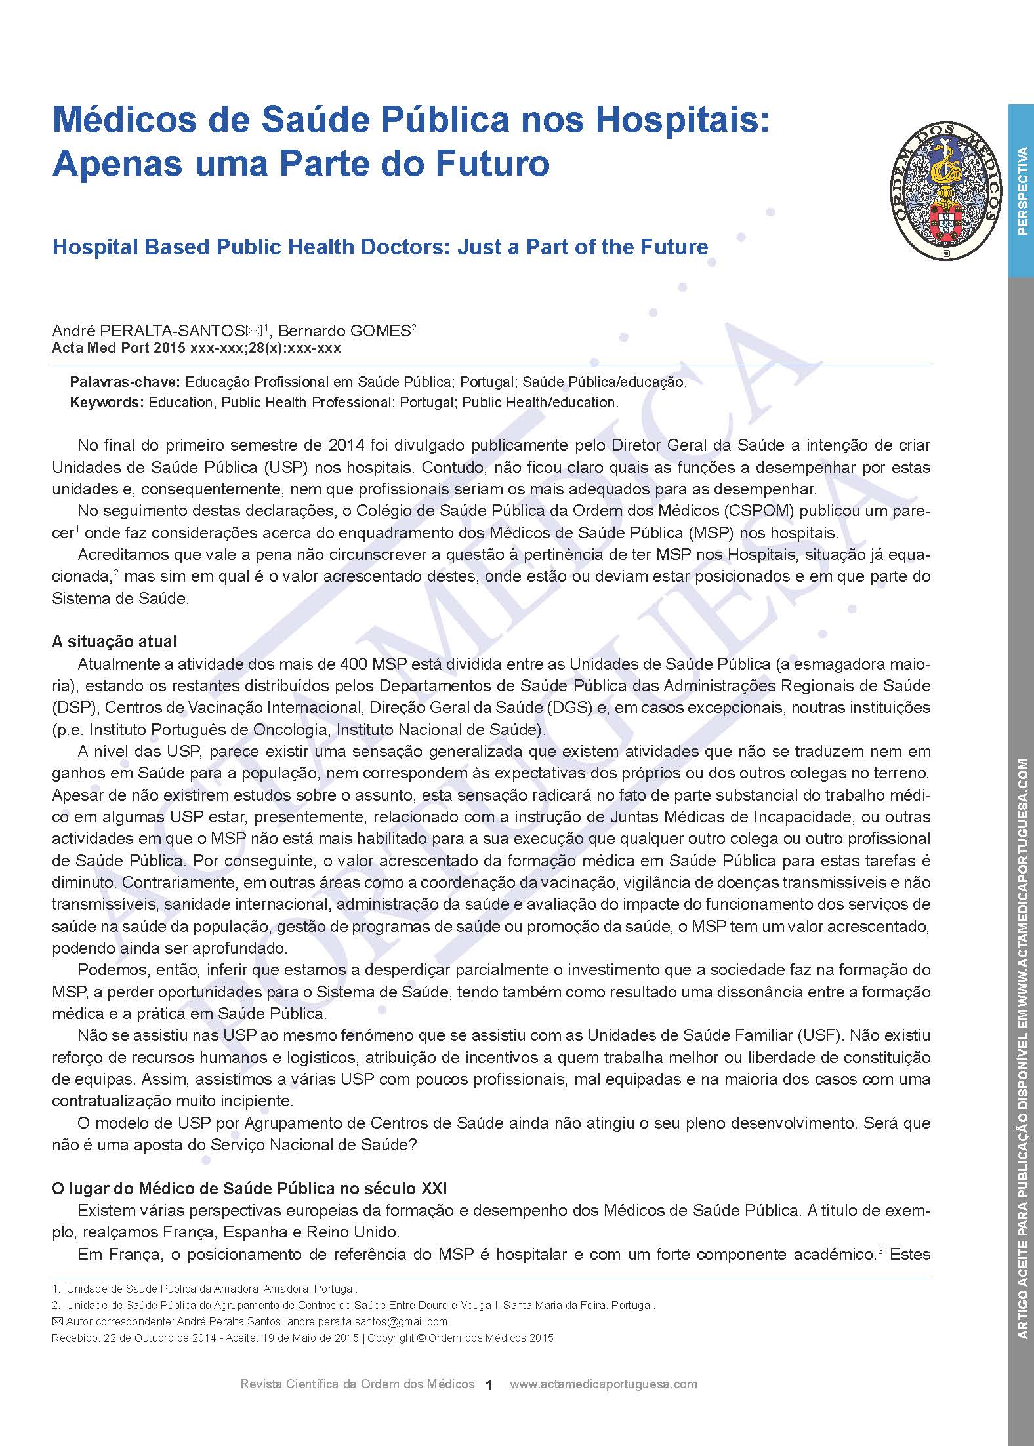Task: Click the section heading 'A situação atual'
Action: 114,641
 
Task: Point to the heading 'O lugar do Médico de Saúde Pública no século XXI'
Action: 250,1188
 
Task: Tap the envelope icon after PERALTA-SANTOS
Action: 253,331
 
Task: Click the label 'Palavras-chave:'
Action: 125,382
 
